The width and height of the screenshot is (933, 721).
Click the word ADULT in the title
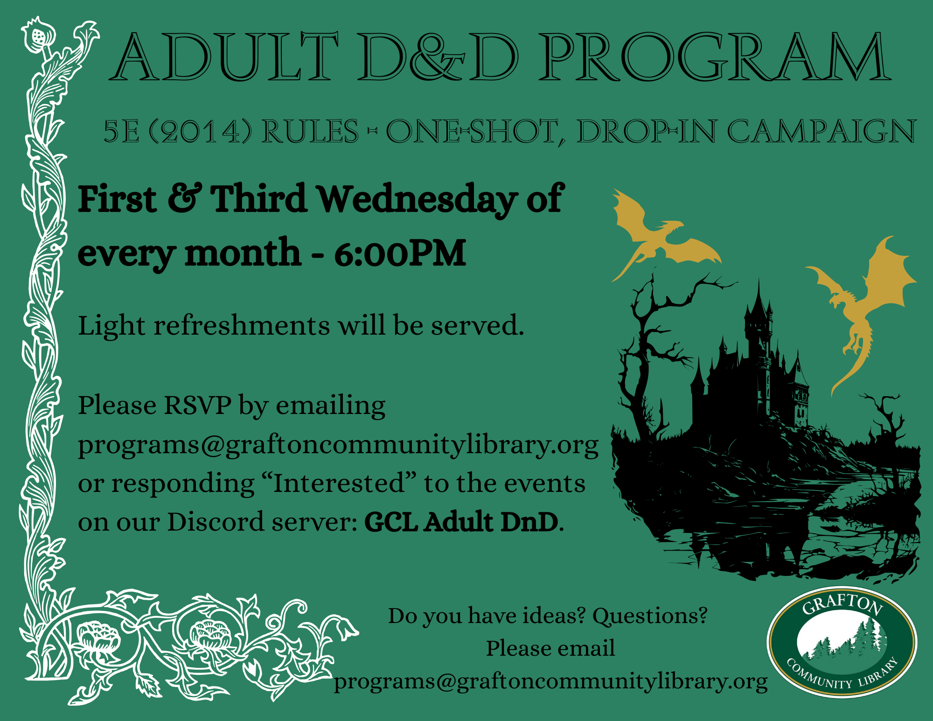click(224, 57)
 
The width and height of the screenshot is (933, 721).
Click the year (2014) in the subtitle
click(200, 131)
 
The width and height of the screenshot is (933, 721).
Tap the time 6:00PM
click(400, 253)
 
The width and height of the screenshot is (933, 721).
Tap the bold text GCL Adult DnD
click(461, 522)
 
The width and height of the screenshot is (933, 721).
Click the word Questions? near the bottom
click(650, 616)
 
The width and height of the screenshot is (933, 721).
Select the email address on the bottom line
click(550, 682)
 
